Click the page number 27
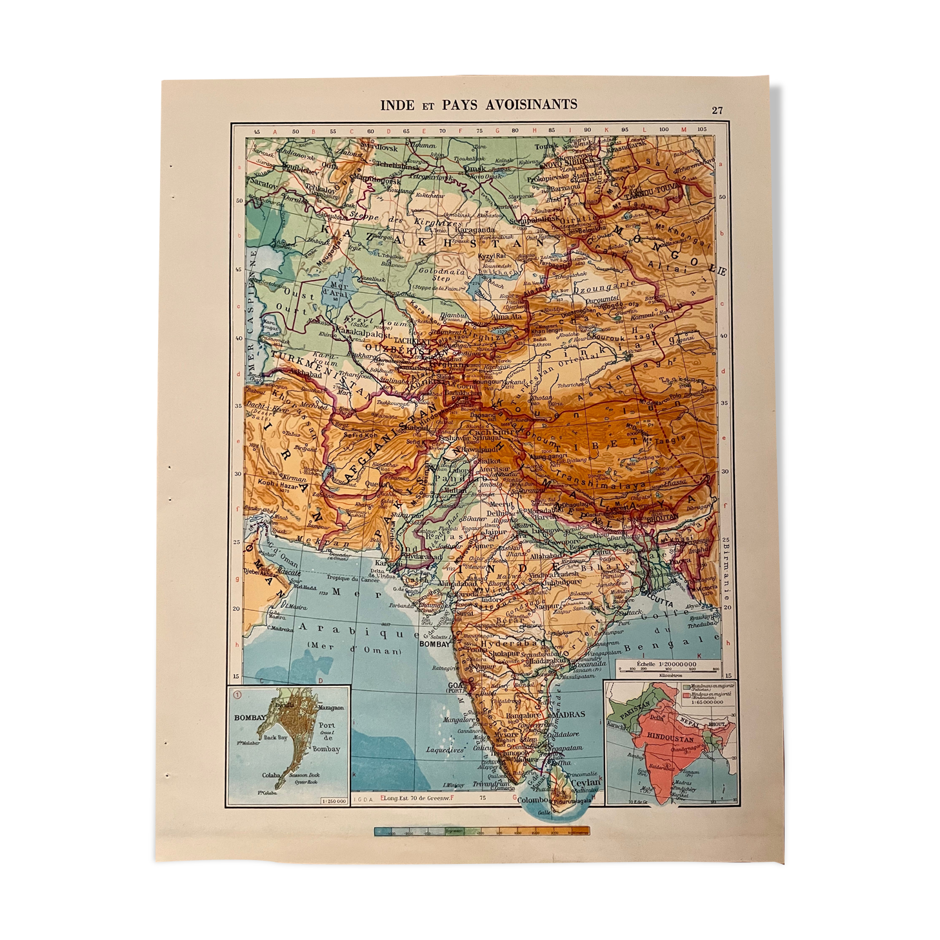717,110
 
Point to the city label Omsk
475,168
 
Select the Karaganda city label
475,230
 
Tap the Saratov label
264,184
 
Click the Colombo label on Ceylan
533,800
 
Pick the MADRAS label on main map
568,714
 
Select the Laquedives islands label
445,750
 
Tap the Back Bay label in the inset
275,737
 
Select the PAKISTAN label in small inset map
634,712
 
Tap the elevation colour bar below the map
481,831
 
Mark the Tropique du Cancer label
352,579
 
